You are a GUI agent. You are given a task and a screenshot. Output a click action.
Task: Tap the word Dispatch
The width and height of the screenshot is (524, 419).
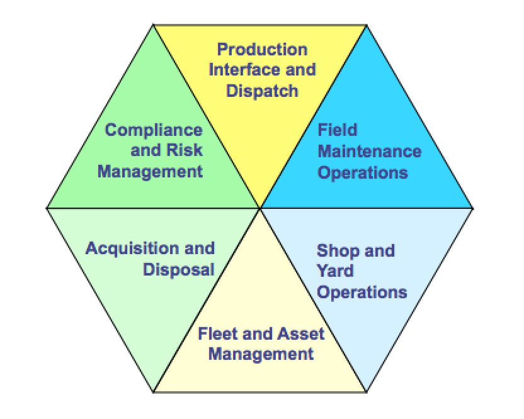click(x=262, y=91)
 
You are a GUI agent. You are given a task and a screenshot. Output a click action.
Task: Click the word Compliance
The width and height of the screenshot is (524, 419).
click(x=154, y=130)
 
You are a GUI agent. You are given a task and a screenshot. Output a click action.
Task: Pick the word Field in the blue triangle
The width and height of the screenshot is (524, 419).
click(x=338, y=130)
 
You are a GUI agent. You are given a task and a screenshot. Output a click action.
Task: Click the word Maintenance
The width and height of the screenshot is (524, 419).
click(x=369, y=151)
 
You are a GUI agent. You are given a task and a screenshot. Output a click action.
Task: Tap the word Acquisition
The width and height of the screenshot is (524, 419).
click(x=124, y=248)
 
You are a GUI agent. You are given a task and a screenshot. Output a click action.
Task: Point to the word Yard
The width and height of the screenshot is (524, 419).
click(x=335, y=271)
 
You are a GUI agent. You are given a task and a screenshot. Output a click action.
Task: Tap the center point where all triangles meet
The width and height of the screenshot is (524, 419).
click(x=260, y=207)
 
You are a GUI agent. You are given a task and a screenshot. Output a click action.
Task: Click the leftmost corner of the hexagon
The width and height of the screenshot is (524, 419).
click(x=47, y=207)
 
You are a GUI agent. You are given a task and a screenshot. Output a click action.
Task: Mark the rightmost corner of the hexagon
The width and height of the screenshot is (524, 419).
click(x=474, y=207)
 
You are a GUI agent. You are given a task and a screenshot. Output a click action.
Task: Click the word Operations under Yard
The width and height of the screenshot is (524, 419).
click(x=362, y=292)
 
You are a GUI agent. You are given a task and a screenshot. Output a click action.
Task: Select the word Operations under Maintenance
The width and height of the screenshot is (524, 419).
click(x=363, y=172)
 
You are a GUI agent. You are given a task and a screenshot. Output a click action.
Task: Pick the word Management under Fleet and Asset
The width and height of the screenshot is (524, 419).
click(x=261, y=354)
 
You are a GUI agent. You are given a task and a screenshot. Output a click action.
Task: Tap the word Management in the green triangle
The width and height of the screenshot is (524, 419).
click(x=150, y=172)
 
